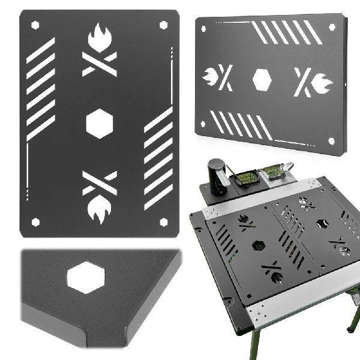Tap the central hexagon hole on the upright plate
[x=100, y=123]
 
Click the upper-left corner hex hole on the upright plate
[x=35, y=25]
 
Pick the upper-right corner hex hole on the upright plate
[x=163, y=25]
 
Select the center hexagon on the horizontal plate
[x=262, y=79]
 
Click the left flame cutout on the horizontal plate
[x=213, y=78]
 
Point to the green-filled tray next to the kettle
[x=246, y=178]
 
